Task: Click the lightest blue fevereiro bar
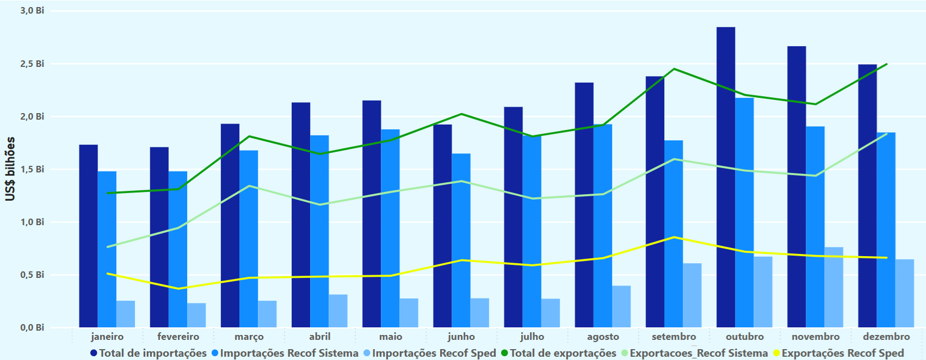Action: coord(196,315)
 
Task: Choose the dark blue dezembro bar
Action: coord(867,196)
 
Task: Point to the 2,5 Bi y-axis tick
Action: coord(32,64)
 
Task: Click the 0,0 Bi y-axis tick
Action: coord(32,327)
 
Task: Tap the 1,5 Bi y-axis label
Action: coord(32,169)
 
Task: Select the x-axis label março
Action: coord(249,337)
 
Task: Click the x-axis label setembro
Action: coord(674,337)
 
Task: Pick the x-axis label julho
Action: coord(532,337)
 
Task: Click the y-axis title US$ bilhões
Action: coord(10,169)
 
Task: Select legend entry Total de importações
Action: coord(148,353)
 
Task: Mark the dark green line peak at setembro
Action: coord(674,69)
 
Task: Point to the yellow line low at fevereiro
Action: coord(178,289)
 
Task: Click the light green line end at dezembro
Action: coord(886,134)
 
